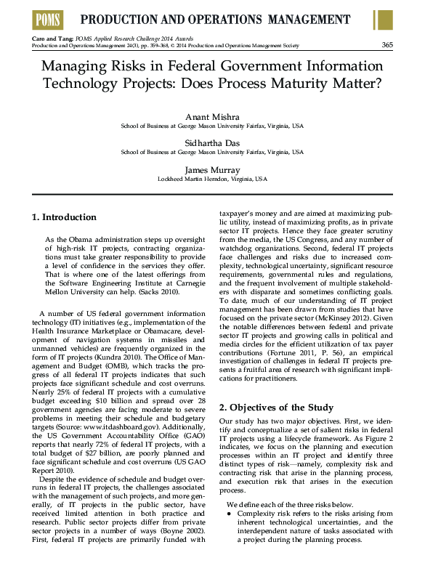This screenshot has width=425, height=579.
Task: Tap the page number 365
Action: click(386, 45)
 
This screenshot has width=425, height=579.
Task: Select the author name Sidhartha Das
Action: click(212, 142)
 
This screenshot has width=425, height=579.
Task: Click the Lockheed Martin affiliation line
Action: click(212, 178)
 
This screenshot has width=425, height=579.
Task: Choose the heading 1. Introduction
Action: click(65, 217)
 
